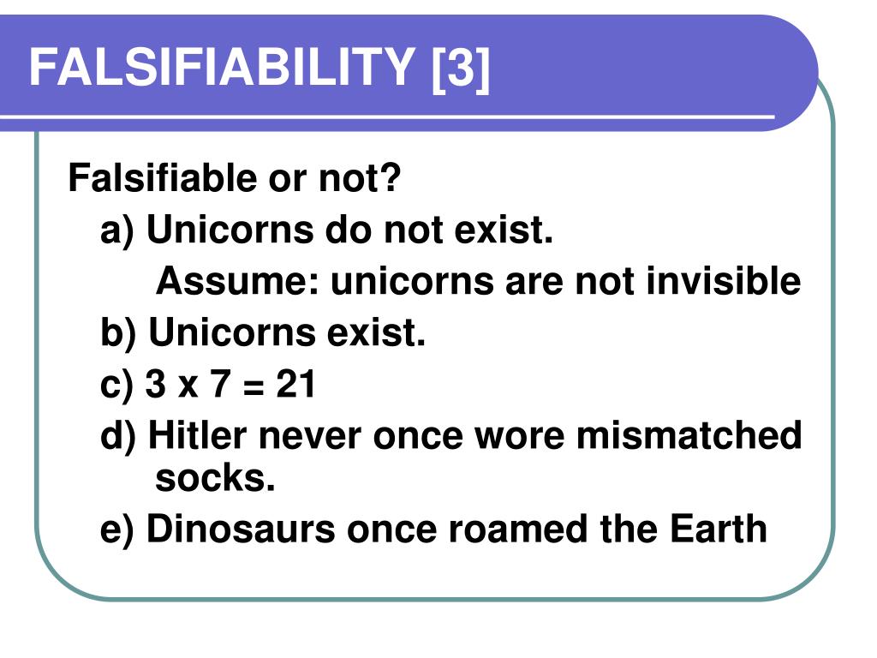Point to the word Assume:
tap(237, 281)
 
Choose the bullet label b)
tap(117, 333)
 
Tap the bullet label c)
tap(116, 386)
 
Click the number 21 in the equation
tap(296, 386)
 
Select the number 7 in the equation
tap(220, 386)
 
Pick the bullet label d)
tap(117, 436)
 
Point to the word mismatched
tap(689, 436)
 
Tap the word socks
tap(215, 479)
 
